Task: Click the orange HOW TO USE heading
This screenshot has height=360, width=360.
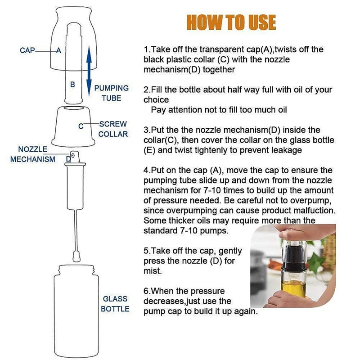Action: coord(231,22)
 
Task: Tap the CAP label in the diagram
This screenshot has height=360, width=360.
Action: coord(27,50)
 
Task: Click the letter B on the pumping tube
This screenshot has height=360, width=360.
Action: coord(72,85)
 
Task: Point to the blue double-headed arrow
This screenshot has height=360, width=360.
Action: coord(89,71)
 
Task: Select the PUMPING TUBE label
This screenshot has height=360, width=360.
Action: coord(112,93)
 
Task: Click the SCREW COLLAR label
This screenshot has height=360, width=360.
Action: coord(113,129)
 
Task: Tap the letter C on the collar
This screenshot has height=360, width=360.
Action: coord(81,126)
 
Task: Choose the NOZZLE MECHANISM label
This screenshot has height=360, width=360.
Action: coord(33,154)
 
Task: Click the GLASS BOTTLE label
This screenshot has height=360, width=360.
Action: coord(115,304)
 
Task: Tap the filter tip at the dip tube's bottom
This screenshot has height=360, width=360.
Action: coord(76,256)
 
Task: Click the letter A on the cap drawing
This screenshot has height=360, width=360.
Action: coord(59,50)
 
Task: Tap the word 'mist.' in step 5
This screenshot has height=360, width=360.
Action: coord(153,271)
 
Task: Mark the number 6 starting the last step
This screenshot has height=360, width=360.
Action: coord(146,291)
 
